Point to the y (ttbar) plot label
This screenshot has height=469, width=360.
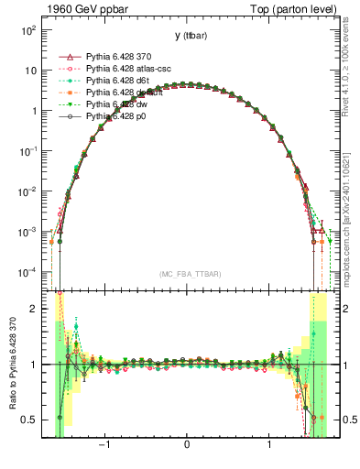(x=187, y=36)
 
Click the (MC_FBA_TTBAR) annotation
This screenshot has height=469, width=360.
(x=189, y=274)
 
